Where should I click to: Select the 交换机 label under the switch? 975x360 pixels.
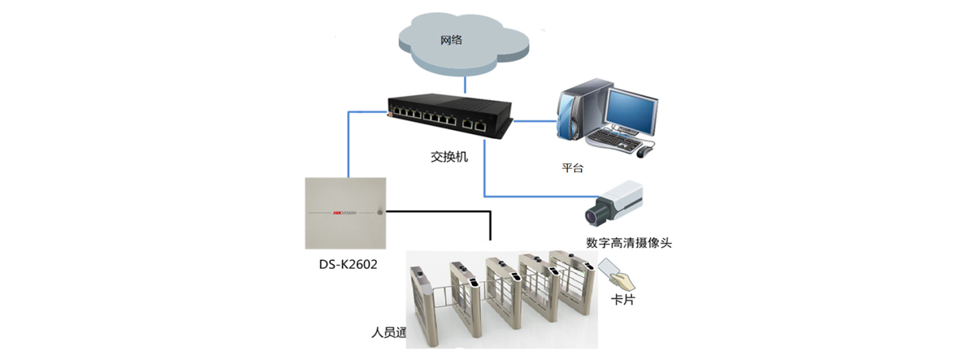(x=449, y=157)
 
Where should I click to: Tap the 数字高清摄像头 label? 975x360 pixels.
(x=629, y=243)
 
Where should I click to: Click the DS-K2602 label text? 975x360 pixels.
(x=349, y=264)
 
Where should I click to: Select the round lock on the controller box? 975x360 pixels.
(x=379, y=213)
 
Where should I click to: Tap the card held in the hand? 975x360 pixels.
(x=609, y=267)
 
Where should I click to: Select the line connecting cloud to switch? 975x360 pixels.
(x=463, y=83)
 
